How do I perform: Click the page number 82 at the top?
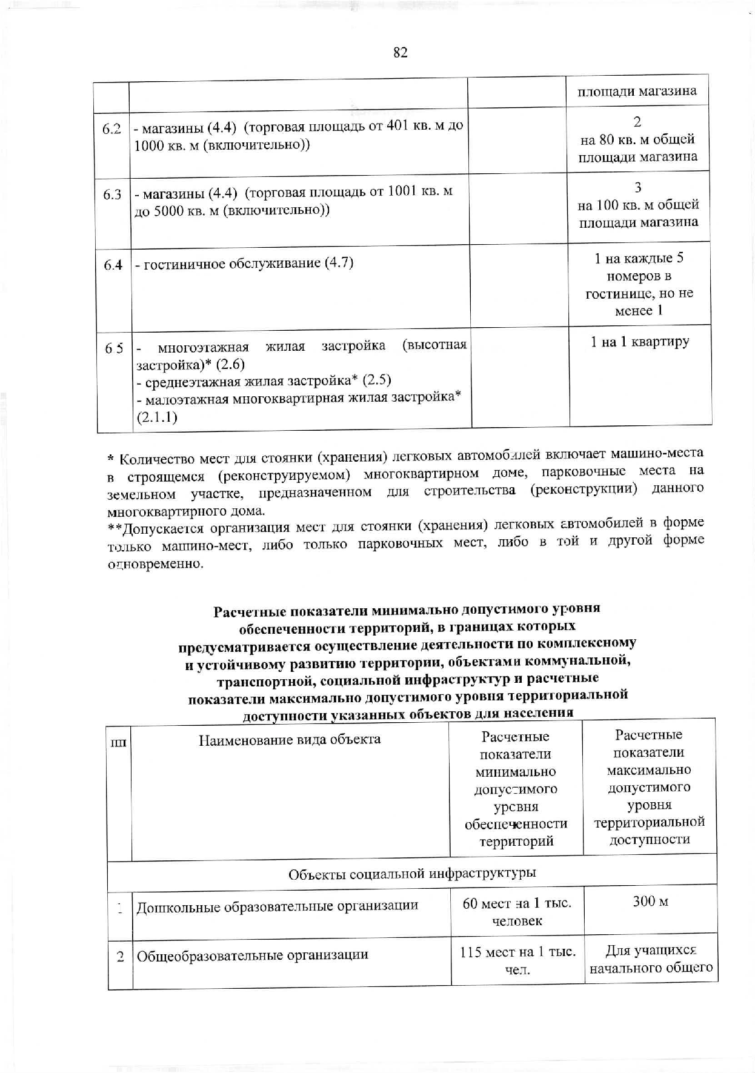pos(400,53)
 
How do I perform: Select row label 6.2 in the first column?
pos(112,128)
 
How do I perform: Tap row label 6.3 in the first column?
pos(112,194)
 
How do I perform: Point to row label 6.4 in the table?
pos(113,265)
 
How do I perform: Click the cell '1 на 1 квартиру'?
pos(640,342)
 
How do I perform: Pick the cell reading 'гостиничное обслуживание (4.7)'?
pos(244,264)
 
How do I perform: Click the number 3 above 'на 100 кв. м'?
pos(638,187)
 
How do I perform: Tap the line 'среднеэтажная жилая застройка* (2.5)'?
pos(264,380)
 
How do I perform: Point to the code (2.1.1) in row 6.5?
pos(157,418)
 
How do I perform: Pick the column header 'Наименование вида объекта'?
pos(290,739)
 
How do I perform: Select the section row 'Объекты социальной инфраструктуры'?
pos(412,873)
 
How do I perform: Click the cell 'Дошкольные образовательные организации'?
pos(278,907)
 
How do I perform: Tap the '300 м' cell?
pos(650,902)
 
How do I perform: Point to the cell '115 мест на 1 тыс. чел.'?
pos(517,960)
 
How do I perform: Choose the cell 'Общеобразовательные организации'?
pos(253,955)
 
